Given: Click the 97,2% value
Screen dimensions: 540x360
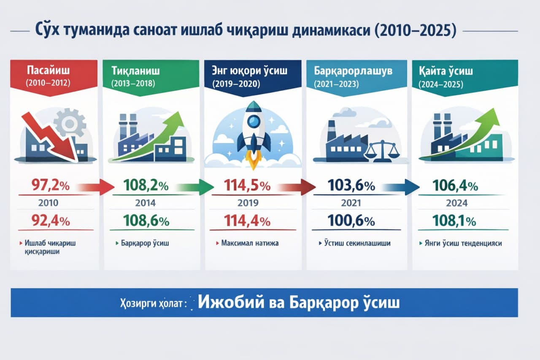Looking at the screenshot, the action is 51,185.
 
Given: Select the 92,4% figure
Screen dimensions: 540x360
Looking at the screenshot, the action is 51,221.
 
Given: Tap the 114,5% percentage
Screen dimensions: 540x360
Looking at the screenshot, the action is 247,185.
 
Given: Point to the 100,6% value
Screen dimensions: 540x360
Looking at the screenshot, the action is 351,221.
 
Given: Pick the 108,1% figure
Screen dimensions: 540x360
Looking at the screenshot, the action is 454,221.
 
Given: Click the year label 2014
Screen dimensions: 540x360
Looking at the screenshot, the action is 146,203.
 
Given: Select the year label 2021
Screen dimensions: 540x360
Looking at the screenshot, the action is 351,203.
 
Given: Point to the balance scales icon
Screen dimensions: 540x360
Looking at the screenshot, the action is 382,152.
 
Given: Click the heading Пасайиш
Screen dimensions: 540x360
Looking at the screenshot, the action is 48,70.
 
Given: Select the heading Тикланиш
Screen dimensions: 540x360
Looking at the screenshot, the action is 135,71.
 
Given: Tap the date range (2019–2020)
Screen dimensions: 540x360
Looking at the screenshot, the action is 236,84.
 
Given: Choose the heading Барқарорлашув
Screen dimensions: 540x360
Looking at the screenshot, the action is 353,71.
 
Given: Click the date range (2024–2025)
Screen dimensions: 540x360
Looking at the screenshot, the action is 441,84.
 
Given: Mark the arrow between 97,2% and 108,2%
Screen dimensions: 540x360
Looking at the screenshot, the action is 96,187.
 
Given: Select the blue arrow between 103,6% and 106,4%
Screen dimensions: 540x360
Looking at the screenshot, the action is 401,187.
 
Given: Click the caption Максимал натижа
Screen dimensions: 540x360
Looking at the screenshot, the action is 250,243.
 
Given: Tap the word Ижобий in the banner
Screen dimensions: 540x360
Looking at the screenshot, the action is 231,302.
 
